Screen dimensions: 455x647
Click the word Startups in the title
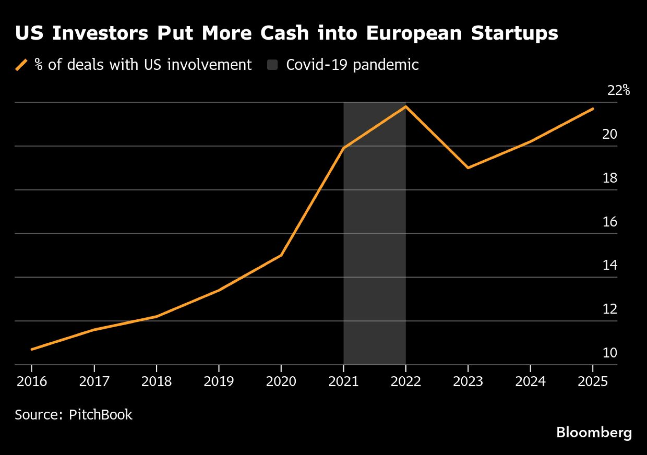(x=514, y=33)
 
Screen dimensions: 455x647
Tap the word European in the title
(x=414, y=33)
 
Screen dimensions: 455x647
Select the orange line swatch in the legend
(x=21, y=65)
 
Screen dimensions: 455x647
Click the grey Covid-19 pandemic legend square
(x=272, y=65)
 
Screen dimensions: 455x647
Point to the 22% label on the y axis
(x=618, y=90)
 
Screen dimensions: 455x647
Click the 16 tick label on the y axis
(x=609, y=222)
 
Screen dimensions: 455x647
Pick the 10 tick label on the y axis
(x=609, y=352)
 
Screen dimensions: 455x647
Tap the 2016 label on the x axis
(x=32, y=382)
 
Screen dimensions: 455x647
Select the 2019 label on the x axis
(x=219, y=382)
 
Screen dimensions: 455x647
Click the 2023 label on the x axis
(x=468, y=382)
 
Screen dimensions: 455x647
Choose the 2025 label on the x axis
(x=593, y=382)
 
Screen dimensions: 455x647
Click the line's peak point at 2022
(x=406, y=106)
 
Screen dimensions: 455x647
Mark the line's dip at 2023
(x=468, y=168)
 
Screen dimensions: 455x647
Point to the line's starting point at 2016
(x=32, y=349)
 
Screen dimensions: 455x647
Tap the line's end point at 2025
(x=593, y=109)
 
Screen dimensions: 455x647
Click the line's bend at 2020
(x=281, y=255)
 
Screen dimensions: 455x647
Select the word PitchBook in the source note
(x=100, y=415)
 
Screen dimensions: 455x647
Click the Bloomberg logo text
(x=594, y=432)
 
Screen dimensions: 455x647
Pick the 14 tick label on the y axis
(x=609, y=265)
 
